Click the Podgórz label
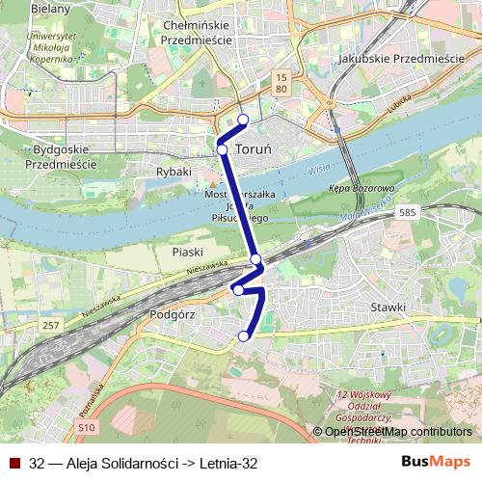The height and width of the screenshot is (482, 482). tap(174, 314)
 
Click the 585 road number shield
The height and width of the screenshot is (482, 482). tap(434, 211)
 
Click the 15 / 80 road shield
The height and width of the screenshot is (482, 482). tap(281, 82)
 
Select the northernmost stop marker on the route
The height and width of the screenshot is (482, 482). tap(243, 120)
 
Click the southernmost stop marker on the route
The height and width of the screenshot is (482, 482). tap(244, 335)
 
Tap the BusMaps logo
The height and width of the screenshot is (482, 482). tap(437, 462)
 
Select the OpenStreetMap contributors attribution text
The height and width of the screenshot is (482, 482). tap(398, 431)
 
